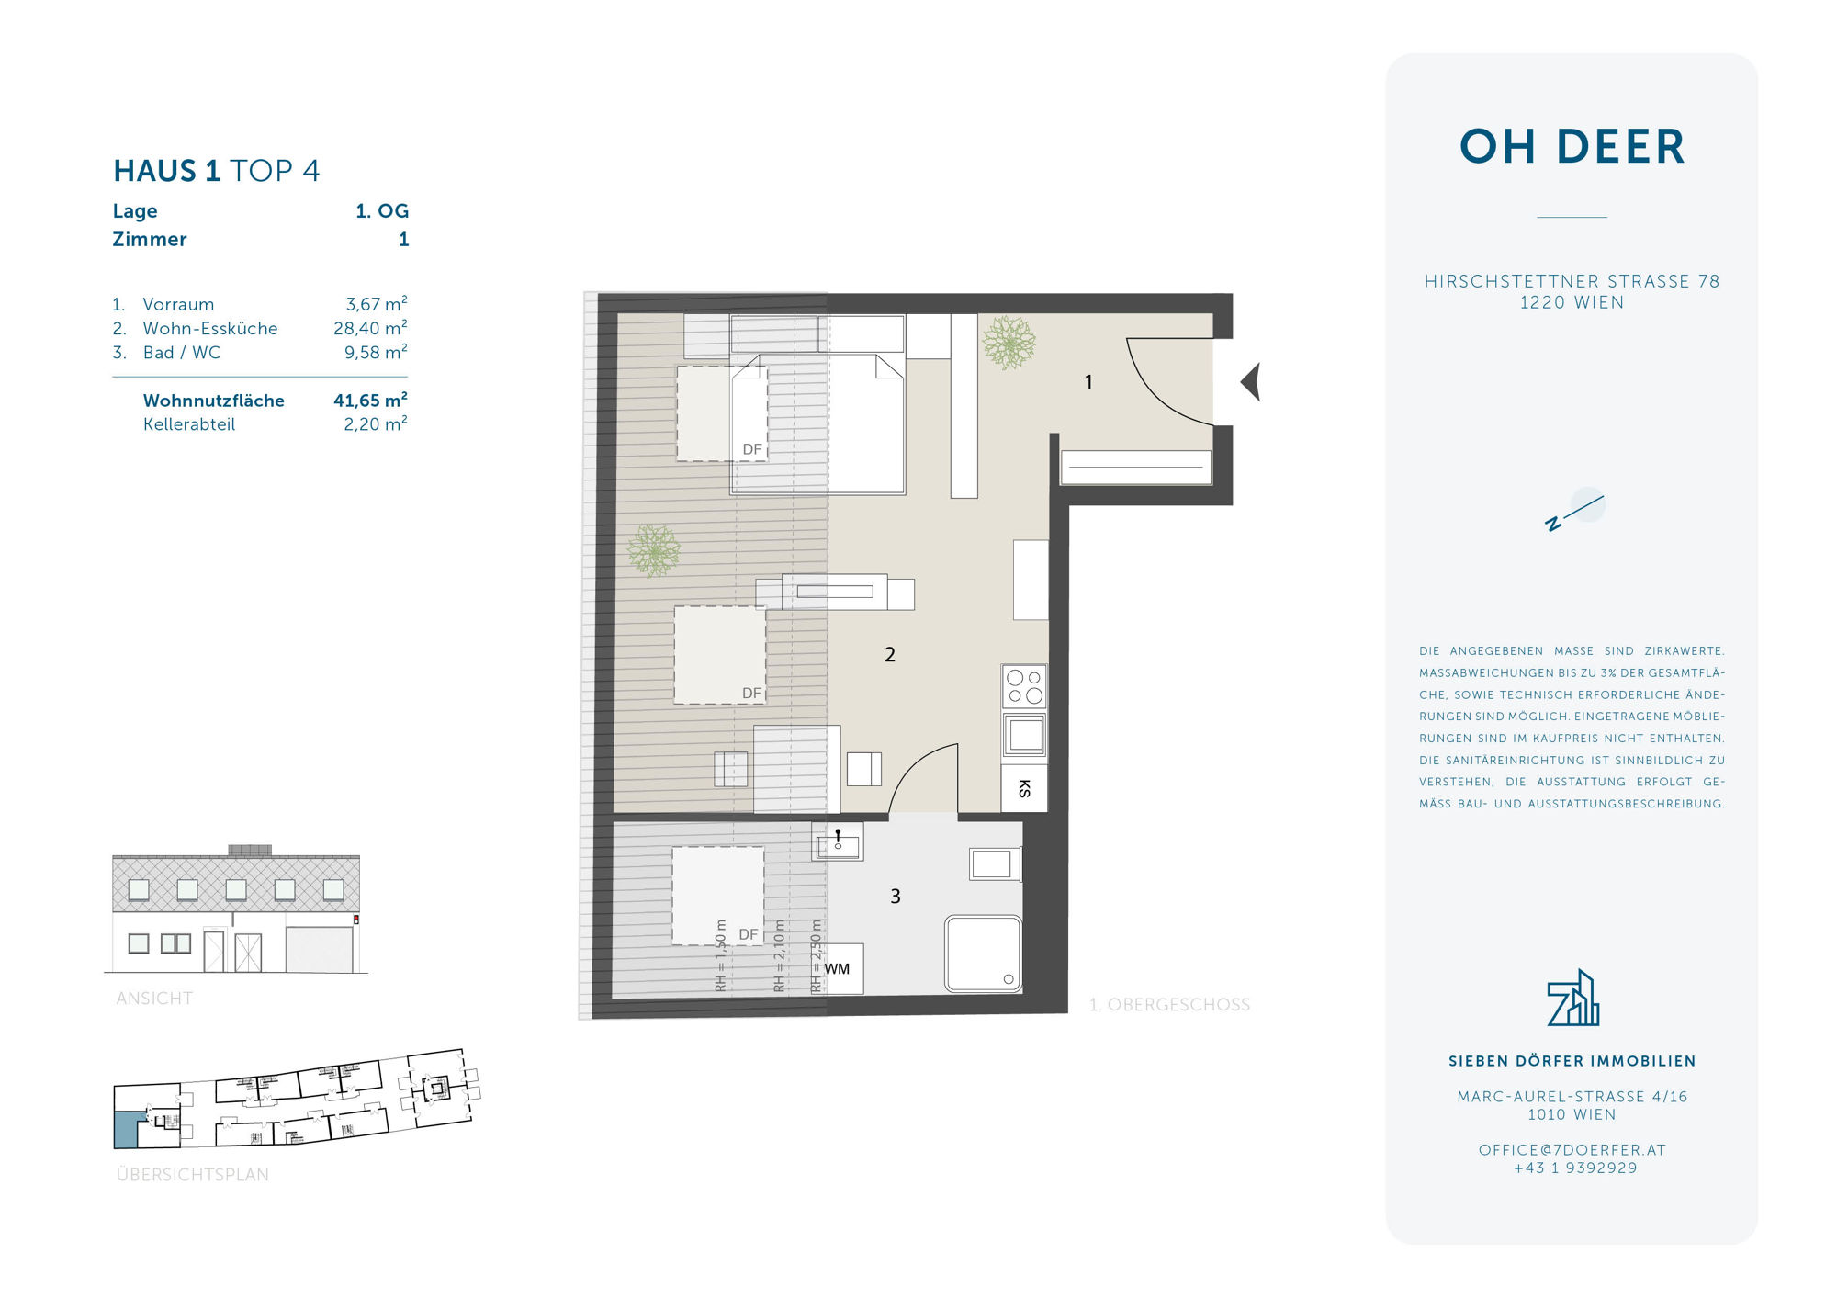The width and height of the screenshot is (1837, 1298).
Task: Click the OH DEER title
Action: point(1572,147)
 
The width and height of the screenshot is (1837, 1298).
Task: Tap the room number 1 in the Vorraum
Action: point(1088,382)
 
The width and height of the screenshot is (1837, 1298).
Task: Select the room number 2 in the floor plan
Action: point(889,654)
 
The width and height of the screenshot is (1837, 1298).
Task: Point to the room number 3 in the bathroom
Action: point(896,896)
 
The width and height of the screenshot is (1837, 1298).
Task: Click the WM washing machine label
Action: point(837,969)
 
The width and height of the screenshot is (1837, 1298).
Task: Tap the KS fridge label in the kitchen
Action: point(1024,788)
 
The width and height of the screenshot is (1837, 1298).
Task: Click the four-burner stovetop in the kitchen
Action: point(1024,686)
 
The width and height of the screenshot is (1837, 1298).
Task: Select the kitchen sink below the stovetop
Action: point(1024,735)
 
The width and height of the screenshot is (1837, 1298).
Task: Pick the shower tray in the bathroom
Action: point(983,954)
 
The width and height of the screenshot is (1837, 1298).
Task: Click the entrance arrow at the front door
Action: point(1251,381)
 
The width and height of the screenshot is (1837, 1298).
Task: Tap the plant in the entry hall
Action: point(1009,343)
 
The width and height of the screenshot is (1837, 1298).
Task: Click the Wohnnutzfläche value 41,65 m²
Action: point(370,400)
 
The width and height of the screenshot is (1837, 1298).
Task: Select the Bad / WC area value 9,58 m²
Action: point(376,352)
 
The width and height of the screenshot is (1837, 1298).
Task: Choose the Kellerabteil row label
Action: point(189,424)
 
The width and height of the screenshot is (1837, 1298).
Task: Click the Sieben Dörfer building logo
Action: point(1572,998)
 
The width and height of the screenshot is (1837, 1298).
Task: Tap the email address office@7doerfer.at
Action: point(1572,1150)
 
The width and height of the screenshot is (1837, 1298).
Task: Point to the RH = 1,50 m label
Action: point(720,955)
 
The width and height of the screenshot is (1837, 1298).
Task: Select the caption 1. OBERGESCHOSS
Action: point(1169,1005)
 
